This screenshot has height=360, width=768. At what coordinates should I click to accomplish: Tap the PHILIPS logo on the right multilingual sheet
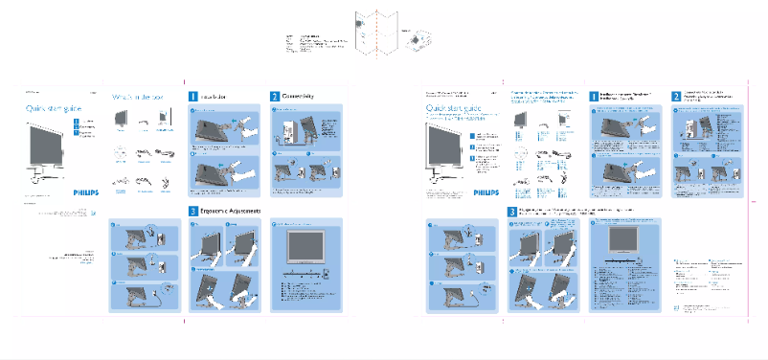coord(486,191)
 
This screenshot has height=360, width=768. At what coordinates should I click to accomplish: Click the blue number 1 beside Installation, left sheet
coord(192,97)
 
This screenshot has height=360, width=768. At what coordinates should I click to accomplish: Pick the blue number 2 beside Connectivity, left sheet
coord(274,97)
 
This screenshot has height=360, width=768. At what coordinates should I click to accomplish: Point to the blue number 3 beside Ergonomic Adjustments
coord(192,211)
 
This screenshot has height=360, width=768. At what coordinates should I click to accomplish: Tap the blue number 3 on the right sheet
coord(512,211)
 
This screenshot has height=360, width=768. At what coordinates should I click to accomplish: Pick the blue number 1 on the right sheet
coord(592,97)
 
